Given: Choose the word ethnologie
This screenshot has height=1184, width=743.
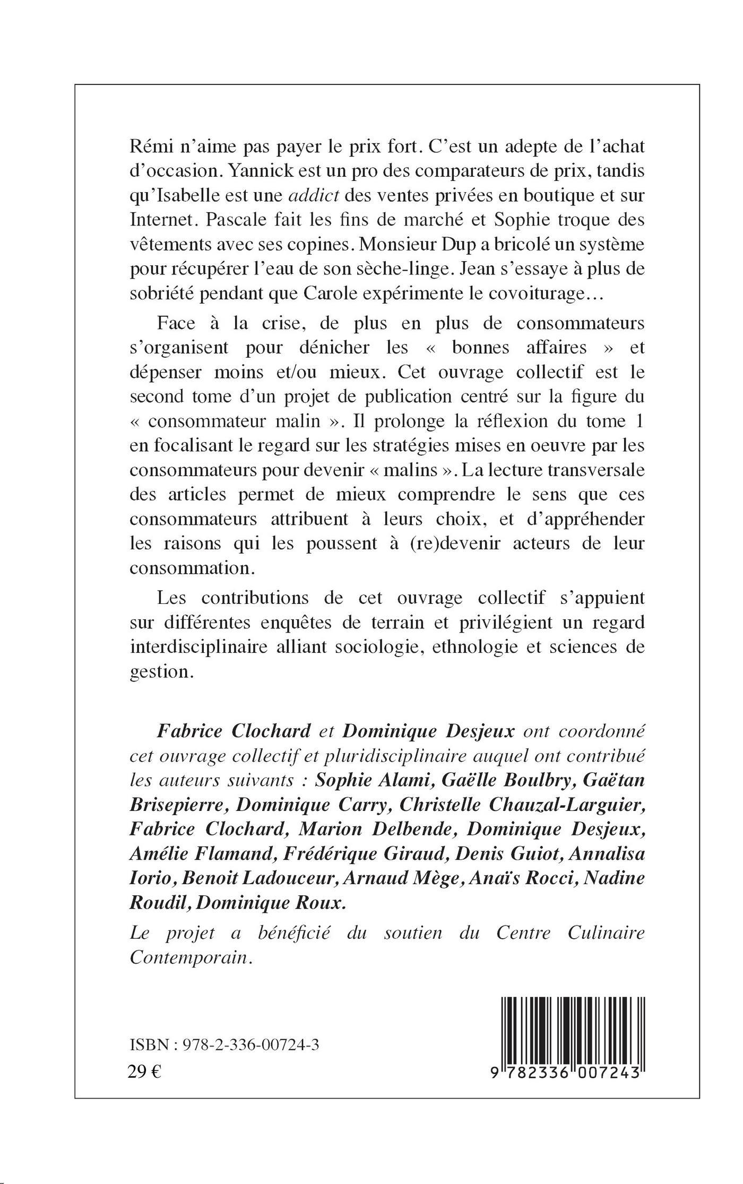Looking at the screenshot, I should [487, 647].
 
